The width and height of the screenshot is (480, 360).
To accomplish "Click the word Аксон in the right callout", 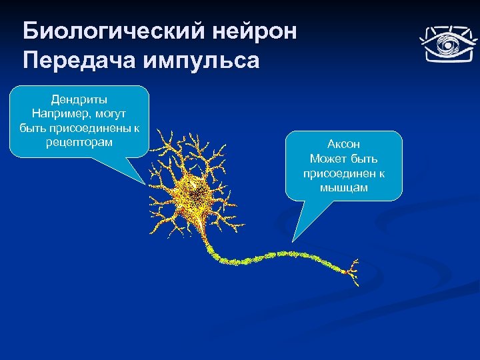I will (343, 144).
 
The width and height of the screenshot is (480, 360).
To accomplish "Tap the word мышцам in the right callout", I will (343, 188).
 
